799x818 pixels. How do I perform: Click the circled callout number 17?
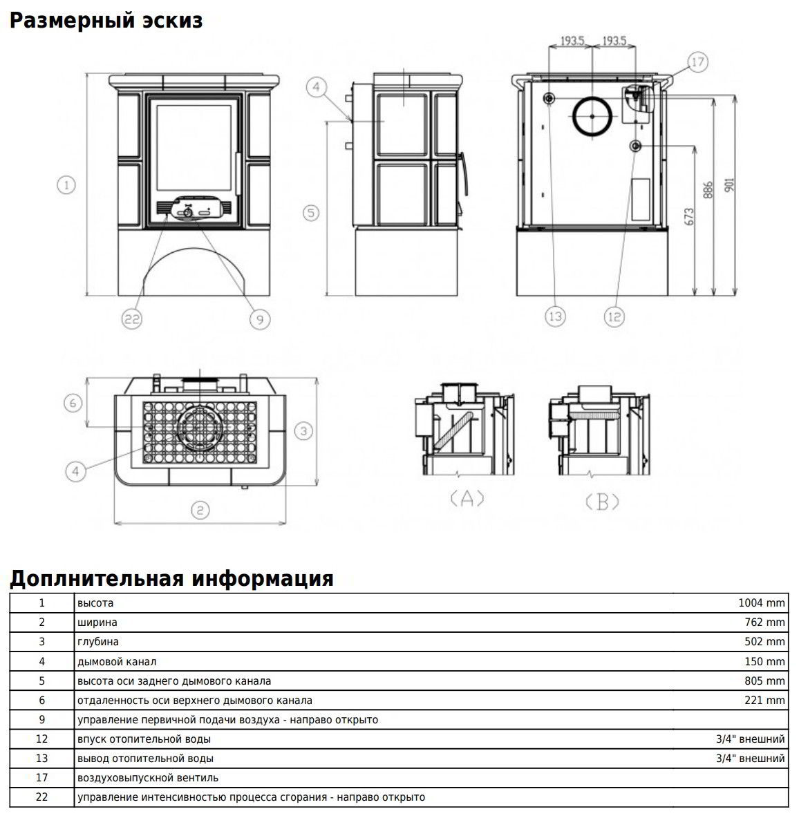697,63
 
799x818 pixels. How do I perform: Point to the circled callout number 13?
555,316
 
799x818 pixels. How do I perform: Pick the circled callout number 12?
614,316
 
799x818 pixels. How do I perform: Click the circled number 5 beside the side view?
311,212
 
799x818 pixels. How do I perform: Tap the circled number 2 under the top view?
200,510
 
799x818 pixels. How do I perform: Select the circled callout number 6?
73,402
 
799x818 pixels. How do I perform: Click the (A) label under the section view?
467,499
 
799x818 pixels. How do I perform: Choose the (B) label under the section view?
601,502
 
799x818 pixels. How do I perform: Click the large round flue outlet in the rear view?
591,116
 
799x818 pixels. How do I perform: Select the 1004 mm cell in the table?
762,603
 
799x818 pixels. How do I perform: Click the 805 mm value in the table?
764,681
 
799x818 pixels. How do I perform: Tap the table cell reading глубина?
98,642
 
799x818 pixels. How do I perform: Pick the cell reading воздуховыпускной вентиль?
147,778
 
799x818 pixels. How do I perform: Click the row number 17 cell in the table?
41,778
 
